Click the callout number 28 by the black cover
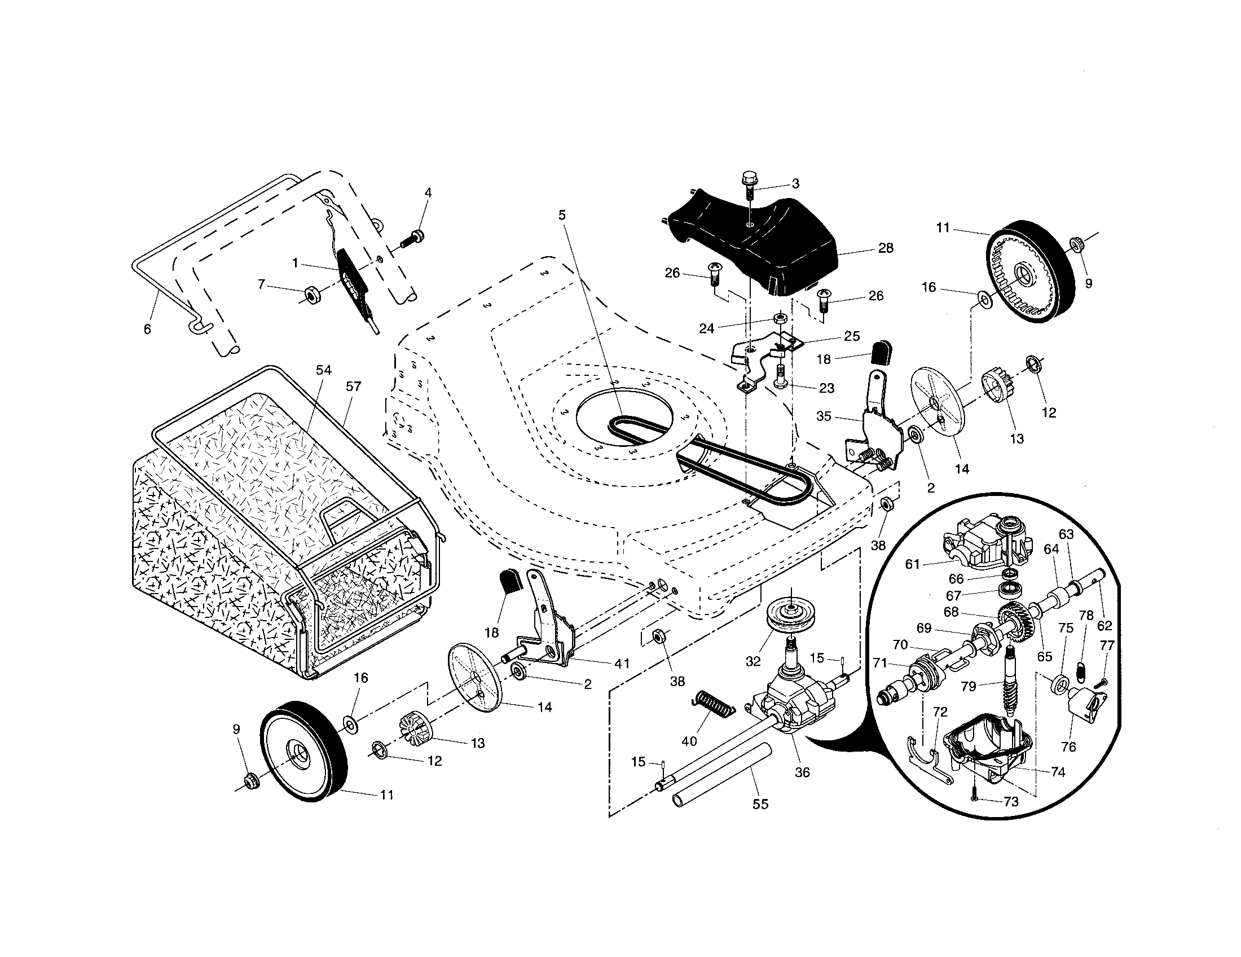[x=885, y=248]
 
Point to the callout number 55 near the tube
[x=760, y=804]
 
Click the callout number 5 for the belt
[x=562, y=215]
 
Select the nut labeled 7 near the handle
[x=311, y=295]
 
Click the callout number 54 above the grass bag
[x=323, y=370]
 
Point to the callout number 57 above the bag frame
[x=354, y=387]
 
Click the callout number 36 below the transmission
[x=802, y=772]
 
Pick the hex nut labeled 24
[x=780, y=317]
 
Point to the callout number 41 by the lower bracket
[x=622, y=663]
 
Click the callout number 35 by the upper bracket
[x=824, y=416]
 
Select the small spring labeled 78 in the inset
[x=1082, y=672]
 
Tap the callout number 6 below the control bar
[x=147, y=329]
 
